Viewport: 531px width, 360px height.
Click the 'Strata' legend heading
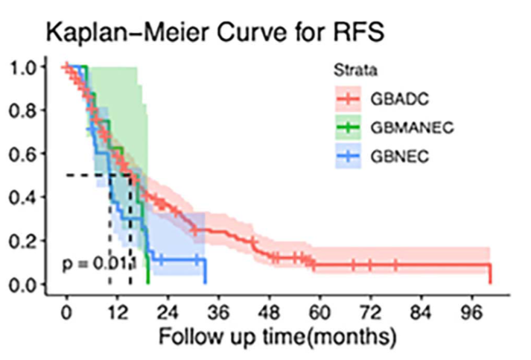pyautogui.click(x=354, y=72)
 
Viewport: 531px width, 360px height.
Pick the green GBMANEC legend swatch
pyautogui.click(x=348, y=127)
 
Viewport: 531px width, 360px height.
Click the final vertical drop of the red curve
pyautogui.click(x=490, y=274)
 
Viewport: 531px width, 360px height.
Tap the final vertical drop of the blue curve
pyautogui.click(x=205, y=272)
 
